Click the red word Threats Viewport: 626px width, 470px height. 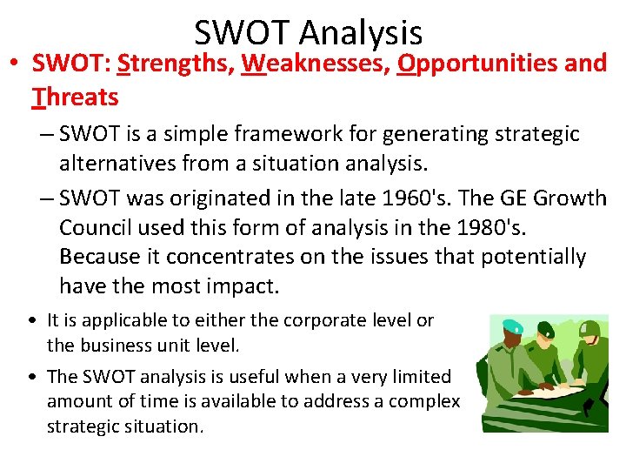75,97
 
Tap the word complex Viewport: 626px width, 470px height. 427,401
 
